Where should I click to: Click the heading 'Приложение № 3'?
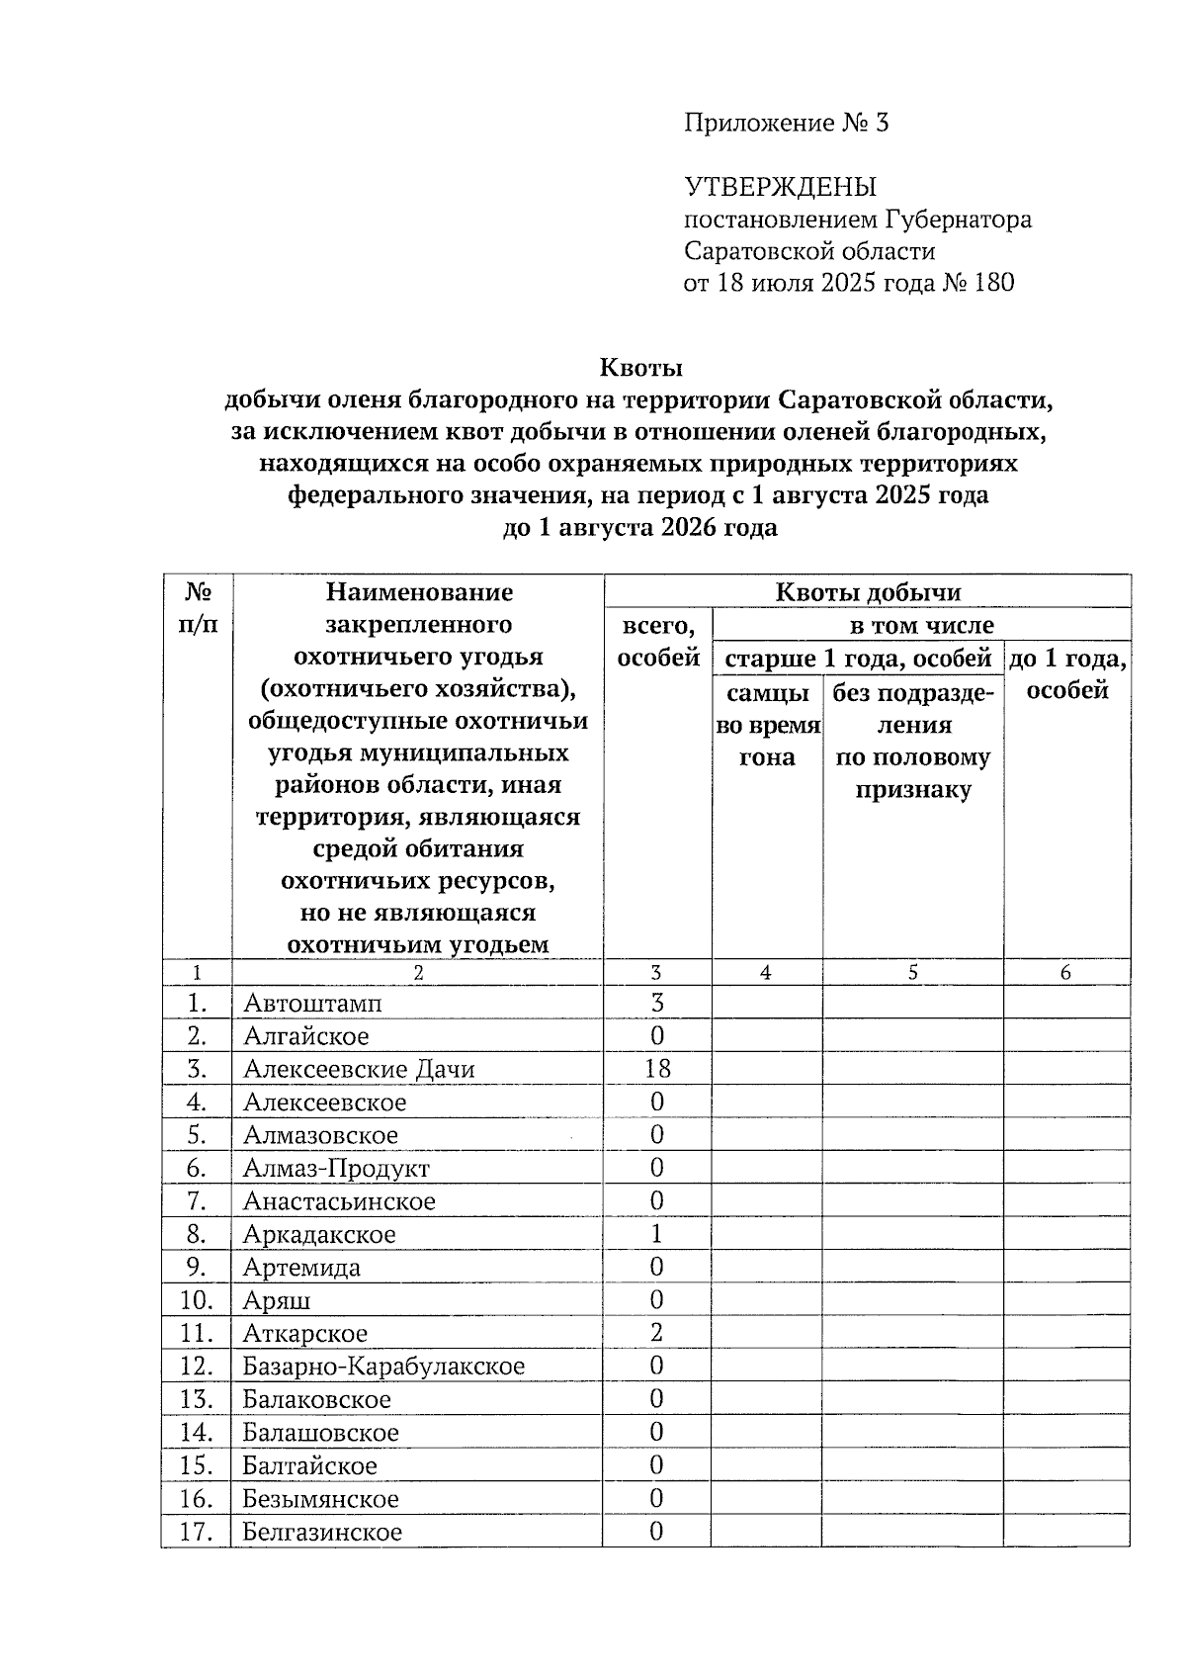(786, 123)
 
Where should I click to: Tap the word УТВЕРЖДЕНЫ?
(780, 186)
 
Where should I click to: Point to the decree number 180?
(993, 283)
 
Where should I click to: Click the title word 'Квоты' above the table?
(640, 368)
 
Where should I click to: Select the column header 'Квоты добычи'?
(867, 592)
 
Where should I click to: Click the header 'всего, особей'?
(657, 642)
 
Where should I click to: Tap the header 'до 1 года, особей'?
(1066, 673)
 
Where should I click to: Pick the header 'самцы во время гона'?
(767, 725)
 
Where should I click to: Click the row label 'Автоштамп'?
(312, 1003)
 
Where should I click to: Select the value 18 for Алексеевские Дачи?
(656, 1069)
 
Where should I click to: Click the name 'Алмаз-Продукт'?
(336, 1168)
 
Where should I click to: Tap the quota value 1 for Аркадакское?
(656, 1234)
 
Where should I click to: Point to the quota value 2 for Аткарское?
(656, 1333)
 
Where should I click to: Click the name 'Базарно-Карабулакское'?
(383, 1367)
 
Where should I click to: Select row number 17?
(197, 1532)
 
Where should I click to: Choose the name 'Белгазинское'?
(322, 1532)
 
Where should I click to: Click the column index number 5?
(912, 973)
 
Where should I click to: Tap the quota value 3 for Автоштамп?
(656, 1003)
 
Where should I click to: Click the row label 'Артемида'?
(301, 1267)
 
